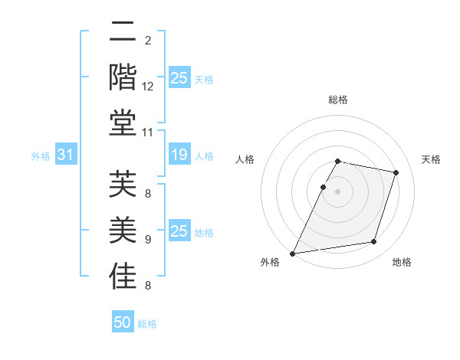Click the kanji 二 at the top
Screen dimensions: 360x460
[123, 32]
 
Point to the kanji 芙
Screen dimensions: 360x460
[123, 184]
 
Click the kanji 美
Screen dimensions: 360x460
[123, 230]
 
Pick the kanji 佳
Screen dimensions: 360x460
[123, 276]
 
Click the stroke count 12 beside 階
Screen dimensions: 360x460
[148, 87]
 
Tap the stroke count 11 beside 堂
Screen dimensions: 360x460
[148, 133]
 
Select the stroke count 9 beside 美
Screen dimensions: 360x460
[148, 240]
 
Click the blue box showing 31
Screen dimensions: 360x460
[65, 155]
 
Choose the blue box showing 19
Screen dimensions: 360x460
[179, 155]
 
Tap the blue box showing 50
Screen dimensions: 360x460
[123, 322]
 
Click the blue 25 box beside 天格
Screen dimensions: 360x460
[179, 78]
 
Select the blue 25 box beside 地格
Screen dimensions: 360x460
[179, 231]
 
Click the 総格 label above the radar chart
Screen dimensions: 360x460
[337, 100]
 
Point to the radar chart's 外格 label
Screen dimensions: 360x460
[270, 262]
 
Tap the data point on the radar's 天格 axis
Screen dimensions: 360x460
[396, 172]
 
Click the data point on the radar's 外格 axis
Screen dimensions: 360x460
[293, 253]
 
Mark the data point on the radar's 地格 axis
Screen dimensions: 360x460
[374, 242]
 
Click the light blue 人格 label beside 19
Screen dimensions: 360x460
[204, 156]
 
